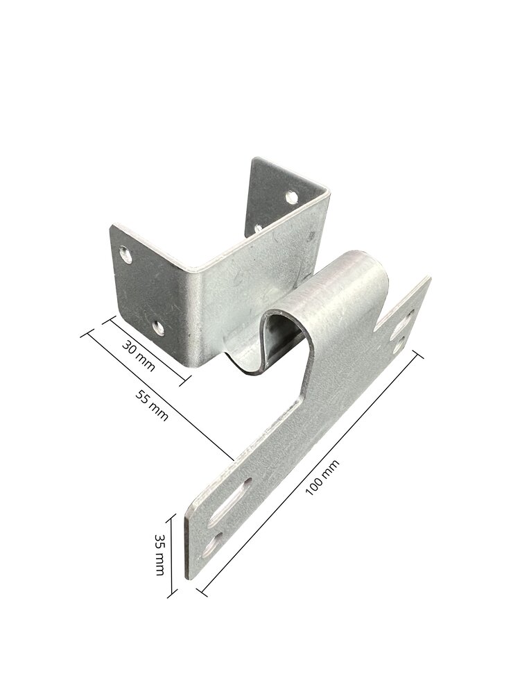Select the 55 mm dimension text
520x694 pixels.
tap(151, 406)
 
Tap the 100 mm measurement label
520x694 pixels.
tap(323, 477)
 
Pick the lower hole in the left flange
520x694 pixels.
tap(158, 328)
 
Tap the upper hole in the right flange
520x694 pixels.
tap(291, 196)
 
